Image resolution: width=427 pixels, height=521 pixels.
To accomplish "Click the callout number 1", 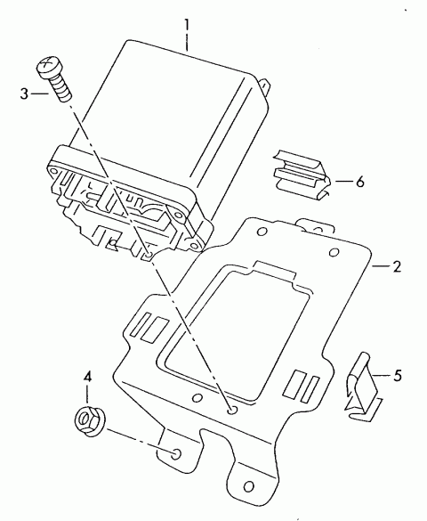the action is point(187,26).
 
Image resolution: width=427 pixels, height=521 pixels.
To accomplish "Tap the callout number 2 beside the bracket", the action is point(397,266).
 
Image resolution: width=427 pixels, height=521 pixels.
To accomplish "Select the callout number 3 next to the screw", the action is point(24,94).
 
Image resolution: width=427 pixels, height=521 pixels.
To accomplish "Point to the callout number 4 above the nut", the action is point(87,377).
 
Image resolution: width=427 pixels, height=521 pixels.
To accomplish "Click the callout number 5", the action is point(398,376).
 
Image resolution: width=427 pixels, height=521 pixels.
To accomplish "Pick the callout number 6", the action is point(360,182).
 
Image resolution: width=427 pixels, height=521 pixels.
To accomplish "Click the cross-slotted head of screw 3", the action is point(48,67).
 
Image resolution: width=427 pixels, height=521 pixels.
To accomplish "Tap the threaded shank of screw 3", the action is point(62,88).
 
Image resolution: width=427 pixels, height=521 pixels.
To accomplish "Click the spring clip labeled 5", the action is point(363,389).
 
